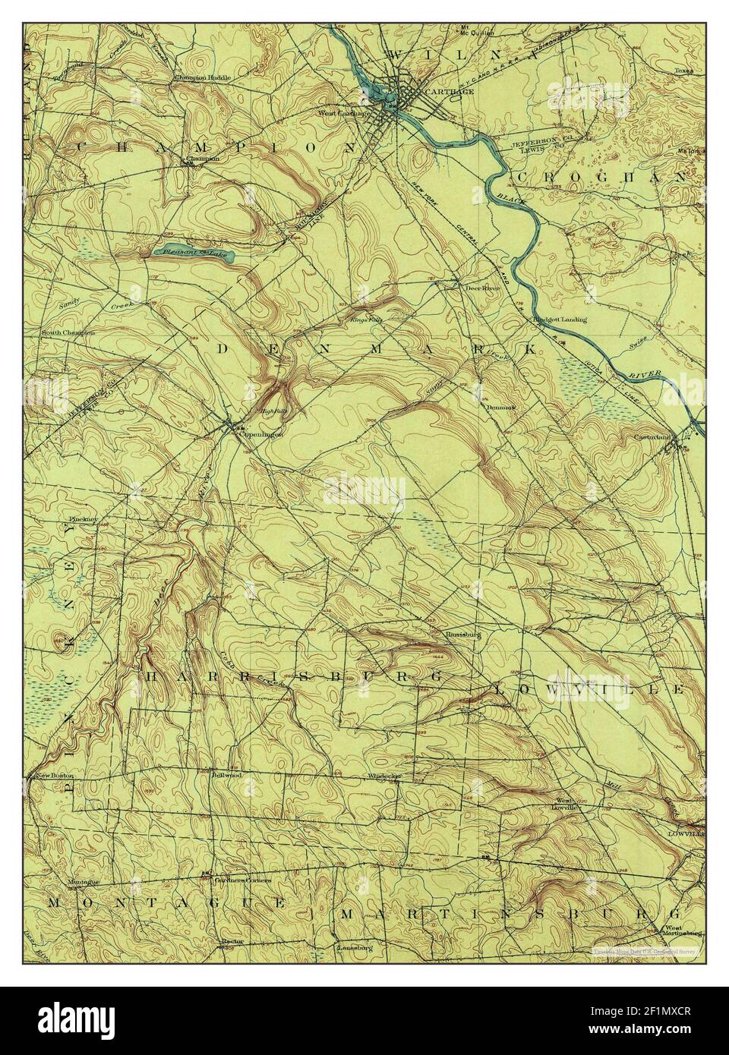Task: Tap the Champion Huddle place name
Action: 202,77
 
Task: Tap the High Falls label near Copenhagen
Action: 272,411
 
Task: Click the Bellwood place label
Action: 226,776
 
